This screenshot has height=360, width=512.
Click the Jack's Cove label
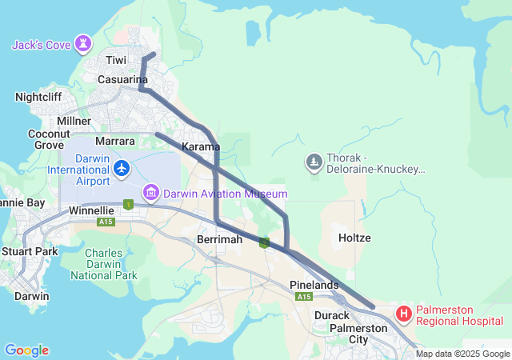click(41, 45)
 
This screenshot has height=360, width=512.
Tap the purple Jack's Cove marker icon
click(83, 43)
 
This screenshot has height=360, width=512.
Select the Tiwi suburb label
click(117, 61)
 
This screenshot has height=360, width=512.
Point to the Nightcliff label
click(38, 97)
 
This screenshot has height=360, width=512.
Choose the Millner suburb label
click(74, 120)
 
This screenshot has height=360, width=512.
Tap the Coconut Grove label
click(50, 139)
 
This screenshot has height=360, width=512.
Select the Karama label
click(201, 147)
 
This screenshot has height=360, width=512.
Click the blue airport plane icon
click(122, 168)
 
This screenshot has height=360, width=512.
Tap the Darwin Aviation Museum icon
click(150, 193)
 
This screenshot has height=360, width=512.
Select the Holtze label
click(354, 238)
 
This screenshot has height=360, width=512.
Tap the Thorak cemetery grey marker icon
click(314, 163)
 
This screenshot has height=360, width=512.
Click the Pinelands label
click(314, 285)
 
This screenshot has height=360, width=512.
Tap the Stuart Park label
click(30, 251)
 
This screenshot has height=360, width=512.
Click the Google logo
click(26, 350)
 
